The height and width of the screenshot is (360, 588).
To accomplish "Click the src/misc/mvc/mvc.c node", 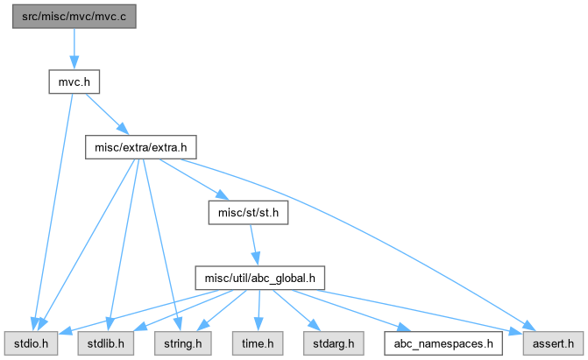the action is [x=74, y=17].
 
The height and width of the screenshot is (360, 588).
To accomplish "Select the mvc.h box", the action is [x=74, y=81].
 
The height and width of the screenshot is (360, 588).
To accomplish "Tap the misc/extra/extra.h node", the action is [x=140, y=147].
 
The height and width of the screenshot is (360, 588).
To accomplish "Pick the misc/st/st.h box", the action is [x=248, y=213].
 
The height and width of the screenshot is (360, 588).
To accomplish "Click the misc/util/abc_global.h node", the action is [x=260, y=278].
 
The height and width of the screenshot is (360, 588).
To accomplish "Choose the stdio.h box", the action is [x=32, y=343].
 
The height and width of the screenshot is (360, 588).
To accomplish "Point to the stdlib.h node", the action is [x=106, y=343].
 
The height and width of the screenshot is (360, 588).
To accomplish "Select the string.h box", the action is [x=182, y=343].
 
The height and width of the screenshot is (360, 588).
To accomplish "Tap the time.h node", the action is [x=258, y=343].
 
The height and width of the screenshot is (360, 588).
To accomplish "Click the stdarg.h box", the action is [x=333, y=343].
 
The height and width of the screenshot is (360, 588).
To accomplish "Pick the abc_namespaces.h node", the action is [x=443, y=343].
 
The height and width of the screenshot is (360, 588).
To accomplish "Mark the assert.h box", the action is [x=553, y=343].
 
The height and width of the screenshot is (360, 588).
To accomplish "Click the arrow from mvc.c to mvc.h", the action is [x=74, y=49].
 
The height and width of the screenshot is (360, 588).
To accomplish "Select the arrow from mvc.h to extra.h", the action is [x=107, y=114].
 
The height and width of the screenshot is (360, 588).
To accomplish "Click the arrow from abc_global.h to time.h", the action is [x=259, y=310].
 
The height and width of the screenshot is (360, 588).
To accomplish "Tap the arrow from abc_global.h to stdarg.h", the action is [x=296, y=310].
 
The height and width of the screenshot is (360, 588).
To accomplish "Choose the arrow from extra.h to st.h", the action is [x=194, y=180].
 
